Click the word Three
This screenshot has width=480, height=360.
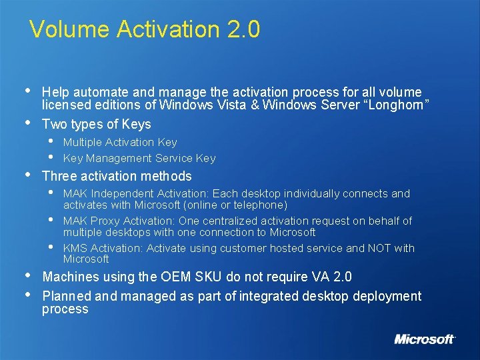coord(59,176)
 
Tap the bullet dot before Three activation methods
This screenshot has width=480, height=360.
coord(26,175)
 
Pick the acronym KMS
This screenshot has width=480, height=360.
coord(74,248)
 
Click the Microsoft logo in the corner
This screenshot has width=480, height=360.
coord(425,339)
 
